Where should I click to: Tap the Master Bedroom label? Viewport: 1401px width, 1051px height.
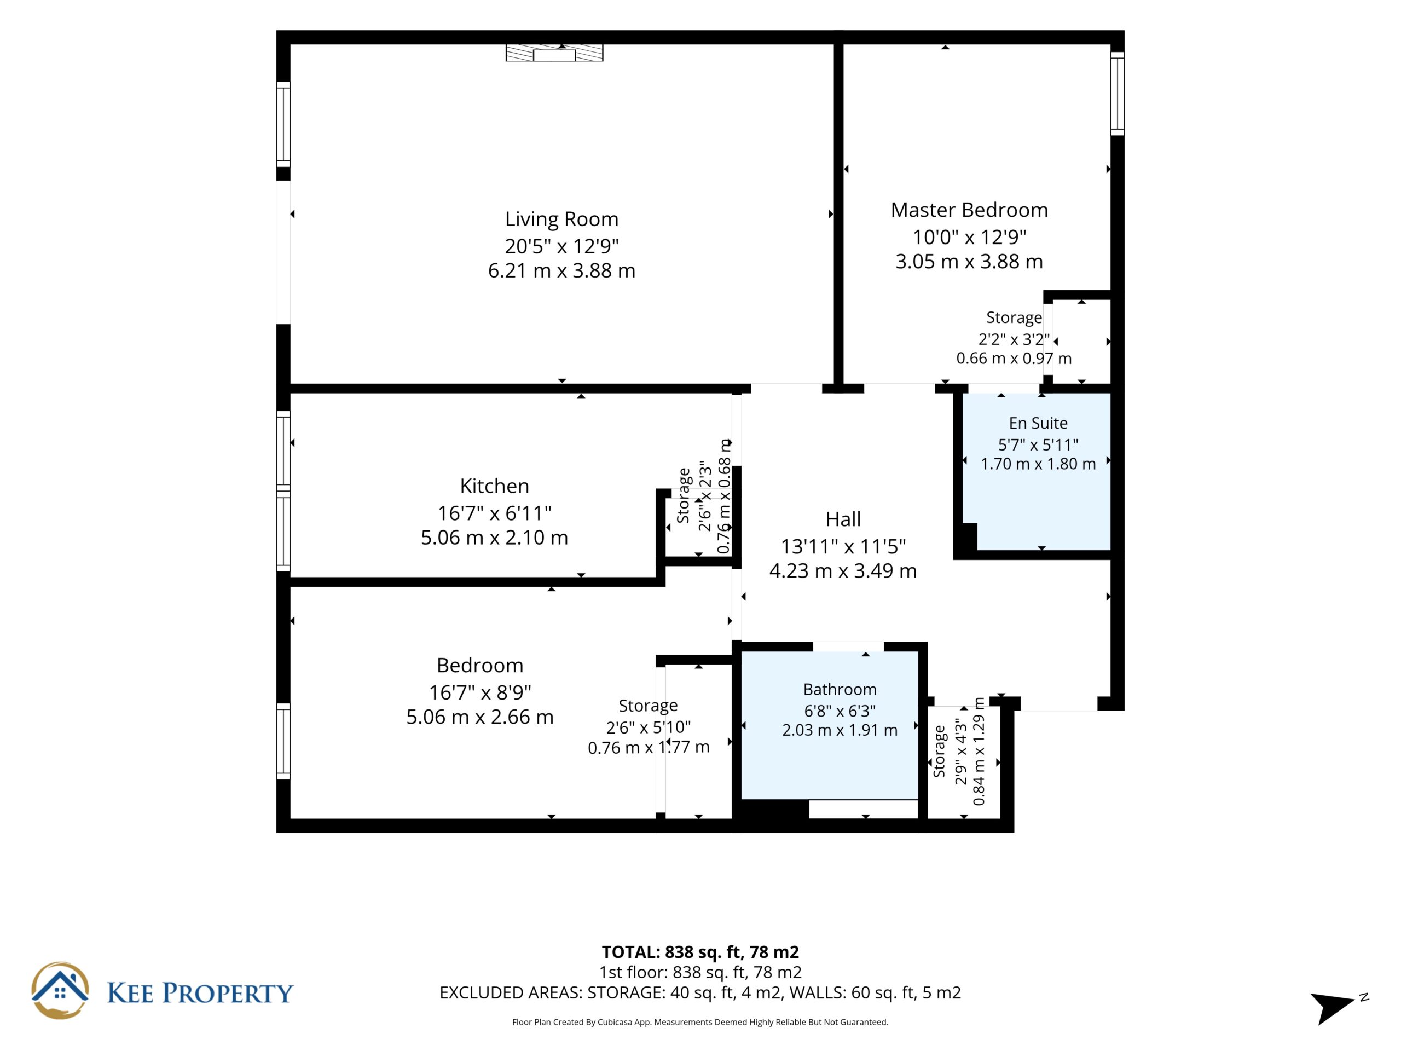pos(969,210)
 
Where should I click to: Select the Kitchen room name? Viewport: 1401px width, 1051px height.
pos(494,486)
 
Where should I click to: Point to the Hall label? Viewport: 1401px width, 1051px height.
pos(843,519)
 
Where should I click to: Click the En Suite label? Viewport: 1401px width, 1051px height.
pos(1038,423)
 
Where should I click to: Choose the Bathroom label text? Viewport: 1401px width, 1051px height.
pos(840,689)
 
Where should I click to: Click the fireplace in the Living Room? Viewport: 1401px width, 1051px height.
pos(554,53)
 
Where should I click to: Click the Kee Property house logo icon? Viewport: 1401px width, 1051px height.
pos(60,990)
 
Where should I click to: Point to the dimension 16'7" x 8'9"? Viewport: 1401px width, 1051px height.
pos(479,692)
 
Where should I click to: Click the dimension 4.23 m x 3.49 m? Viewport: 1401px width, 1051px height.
pos(843,571)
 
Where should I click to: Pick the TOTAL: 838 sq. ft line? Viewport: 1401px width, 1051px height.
pos(700,952)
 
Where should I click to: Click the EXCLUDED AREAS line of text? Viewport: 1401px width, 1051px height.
pos(700,993)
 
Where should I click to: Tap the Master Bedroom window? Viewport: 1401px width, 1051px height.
pos(1118,93)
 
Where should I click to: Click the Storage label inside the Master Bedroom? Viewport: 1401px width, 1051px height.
pos(1014,317)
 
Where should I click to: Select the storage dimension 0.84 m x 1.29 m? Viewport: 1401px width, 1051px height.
pos(979,752)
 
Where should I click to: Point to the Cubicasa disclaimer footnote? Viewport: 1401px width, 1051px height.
pos(700,1022)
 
